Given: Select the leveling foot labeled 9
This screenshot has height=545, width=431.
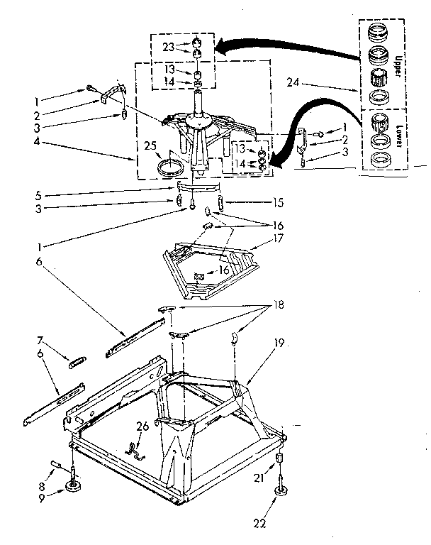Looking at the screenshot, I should [x=74, y=486].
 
